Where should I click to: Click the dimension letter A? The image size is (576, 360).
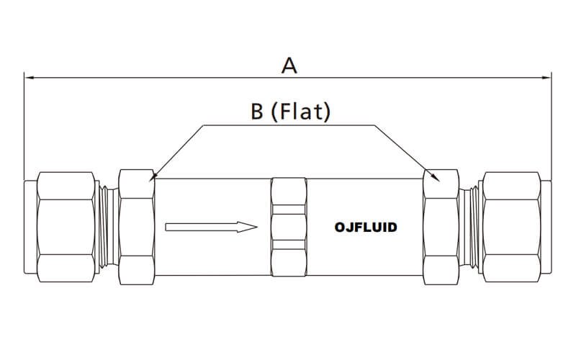coord(289,66)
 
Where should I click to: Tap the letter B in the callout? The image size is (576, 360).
coord(257,112)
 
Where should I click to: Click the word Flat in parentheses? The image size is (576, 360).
coord(300,112)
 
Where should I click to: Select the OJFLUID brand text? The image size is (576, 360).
coord(366,228)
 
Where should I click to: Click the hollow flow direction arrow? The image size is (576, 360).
coord(211,227)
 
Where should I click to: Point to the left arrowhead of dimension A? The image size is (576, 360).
coord(30,78)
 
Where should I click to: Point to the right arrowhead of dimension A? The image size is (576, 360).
coord(546,78)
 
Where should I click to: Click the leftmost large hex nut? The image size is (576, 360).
coord(66,227)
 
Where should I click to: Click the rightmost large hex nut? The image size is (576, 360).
coord(512,227)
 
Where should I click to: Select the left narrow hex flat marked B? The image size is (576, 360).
coord(137,227)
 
